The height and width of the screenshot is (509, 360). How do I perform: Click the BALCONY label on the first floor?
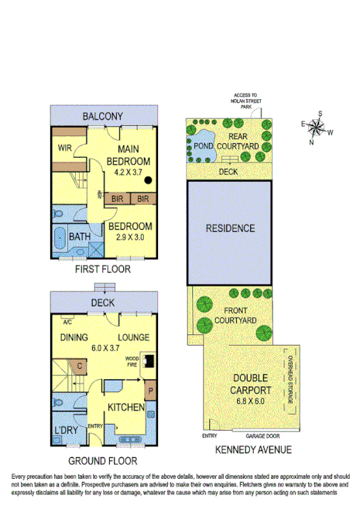click(103, 116)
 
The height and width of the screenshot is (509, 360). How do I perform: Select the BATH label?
click(79, 237)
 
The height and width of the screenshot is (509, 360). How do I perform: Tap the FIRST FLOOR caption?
click(104, 271)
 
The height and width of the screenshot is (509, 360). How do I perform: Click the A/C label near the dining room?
click(68, 323)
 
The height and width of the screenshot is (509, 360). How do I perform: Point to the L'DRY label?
click(64, 429)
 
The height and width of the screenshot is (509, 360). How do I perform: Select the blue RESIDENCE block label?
click(230, 228)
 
